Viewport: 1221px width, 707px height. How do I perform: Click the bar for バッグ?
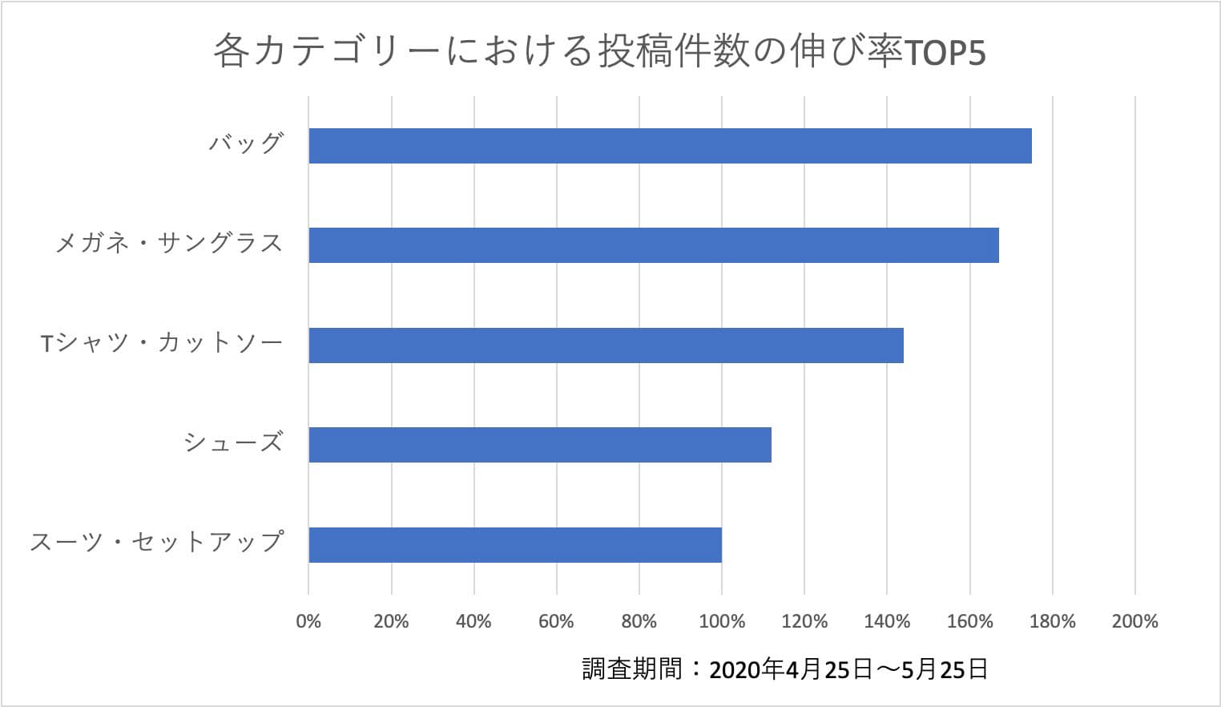[x=670, y=146]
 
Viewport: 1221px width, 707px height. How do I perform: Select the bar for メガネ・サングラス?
[x=654, y=245]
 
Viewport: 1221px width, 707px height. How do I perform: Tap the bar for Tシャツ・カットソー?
[x=606, y=345]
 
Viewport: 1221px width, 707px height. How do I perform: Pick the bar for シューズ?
[x=540, y=445]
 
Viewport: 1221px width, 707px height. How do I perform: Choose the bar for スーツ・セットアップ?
[x=515, y=545]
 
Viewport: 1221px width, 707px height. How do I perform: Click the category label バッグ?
[x=246, y=144]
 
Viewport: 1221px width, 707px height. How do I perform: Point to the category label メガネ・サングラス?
[x=169, y=244]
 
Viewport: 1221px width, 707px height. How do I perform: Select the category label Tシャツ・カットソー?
[x=162, y=344]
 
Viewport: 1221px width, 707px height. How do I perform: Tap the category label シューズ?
[x=233, y=443]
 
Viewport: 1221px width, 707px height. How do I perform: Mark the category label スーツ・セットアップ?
[x=157, y=543]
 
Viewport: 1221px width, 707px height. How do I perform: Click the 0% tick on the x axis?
[x=308, y=621]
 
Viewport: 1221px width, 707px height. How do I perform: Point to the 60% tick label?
[x=556, y=621]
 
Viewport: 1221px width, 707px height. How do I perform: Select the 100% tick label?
[x=722, y=621]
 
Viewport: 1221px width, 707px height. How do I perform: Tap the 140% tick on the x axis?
[x=887, y=621]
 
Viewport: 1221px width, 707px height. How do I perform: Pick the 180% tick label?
[x=1053, y=621]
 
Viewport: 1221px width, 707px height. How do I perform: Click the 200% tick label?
[x=1135, y=621]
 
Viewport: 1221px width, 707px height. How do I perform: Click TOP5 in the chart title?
[x=945, y=54]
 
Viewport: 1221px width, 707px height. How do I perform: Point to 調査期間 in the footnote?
[x=632, y=669]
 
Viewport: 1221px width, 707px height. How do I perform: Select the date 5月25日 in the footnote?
[x=945, y=669]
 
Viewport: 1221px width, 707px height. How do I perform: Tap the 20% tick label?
[x=391, y=621]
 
